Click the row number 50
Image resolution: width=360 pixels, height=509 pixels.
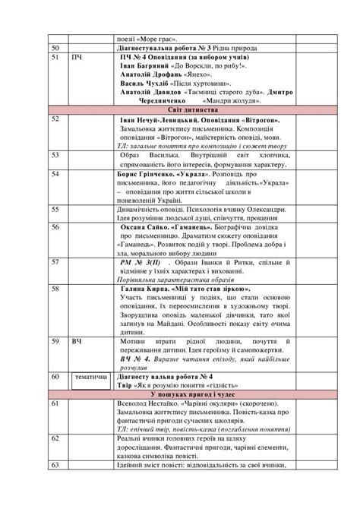pyautogui.click(x=55, y=46)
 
